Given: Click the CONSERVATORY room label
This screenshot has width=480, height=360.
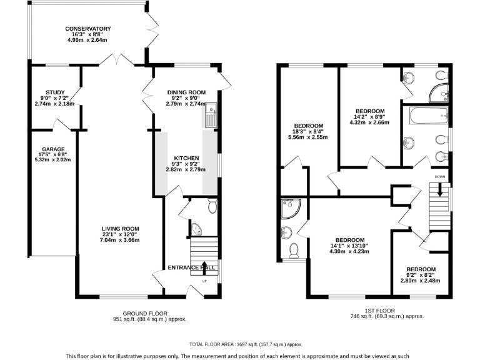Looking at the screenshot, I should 88,29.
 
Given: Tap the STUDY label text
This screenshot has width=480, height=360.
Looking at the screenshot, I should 55,92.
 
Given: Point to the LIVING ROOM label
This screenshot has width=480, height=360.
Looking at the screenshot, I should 120,228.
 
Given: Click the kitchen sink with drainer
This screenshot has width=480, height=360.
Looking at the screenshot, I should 209,115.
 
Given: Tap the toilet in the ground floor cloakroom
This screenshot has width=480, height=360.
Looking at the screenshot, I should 212,206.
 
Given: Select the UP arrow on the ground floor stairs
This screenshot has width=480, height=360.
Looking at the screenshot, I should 204,268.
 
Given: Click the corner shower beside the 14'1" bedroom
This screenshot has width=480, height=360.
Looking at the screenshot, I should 291,208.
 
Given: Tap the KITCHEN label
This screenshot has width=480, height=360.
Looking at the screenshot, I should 186,158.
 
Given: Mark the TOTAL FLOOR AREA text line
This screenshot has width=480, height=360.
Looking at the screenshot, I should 246,344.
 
